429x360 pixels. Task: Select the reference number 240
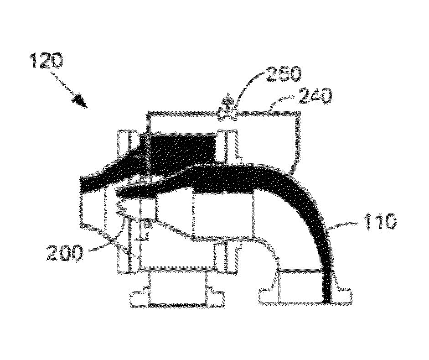315,96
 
